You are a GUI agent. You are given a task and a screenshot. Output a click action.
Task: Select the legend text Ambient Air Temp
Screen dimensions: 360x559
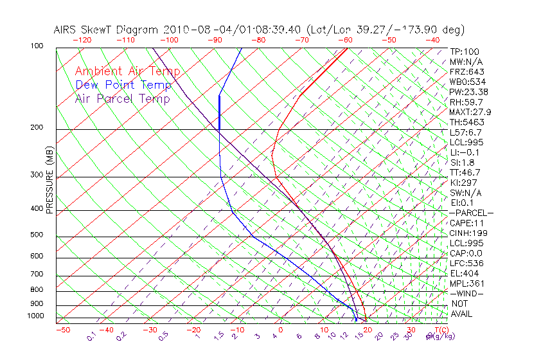pos(127,71)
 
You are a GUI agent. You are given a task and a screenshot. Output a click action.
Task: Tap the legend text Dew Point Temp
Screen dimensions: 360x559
pos(123,85)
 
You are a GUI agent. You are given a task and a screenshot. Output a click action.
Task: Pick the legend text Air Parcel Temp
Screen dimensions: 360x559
pos(123,98)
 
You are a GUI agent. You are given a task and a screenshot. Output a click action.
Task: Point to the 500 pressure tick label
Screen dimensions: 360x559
pos(37,235)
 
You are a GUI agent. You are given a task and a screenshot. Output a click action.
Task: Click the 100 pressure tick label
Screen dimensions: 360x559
pos(37,46)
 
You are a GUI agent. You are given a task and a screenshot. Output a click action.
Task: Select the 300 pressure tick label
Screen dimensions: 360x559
pos(37,175)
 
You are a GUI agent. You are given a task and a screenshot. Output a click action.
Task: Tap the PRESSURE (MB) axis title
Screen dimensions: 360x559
pos(49,179)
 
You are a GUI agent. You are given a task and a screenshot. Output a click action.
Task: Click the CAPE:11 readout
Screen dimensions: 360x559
pos(466,222)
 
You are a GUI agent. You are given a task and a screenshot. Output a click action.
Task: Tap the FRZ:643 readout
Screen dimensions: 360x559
pos(466,72)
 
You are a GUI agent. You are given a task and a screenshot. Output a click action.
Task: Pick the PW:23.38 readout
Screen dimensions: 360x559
pos(468,92)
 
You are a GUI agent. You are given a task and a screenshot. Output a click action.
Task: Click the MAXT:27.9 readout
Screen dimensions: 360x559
pos(470,112)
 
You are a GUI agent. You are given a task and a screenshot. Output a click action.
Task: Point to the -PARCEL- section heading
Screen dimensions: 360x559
pos(471,213)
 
